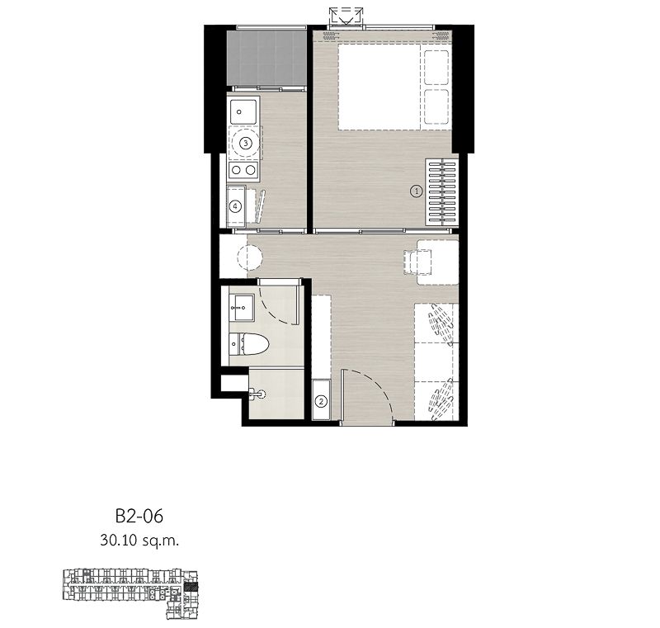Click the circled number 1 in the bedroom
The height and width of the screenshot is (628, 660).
coord(416,191)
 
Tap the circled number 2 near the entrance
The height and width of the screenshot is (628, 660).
coord(321,402)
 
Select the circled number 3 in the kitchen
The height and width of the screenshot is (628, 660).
coord(244,143)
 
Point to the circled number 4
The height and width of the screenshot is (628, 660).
coord(236,206)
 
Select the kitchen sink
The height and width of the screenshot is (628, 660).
coord(243,110)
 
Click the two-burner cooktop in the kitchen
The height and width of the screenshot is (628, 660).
coord(243,170)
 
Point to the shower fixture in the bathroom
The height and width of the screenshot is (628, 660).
coord(258,394)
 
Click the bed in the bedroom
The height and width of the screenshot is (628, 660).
coord(384,87)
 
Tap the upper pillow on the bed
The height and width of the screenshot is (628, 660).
coord(436,64)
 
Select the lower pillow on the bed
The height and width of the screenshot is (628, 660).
coord(436,106)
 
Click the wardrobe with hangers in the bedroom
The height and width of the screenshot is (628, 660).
coord(441,191)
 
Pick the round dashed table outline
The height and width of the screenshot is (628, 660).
coord(249,257)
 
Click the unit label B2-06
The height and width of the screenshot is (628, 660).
coord(139,517)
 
